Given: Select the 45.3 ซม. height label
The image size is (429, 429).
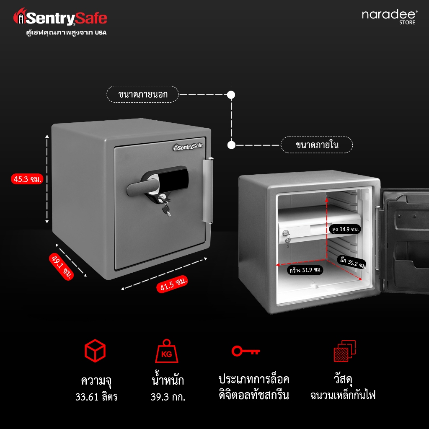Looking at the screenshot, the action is [27, 179].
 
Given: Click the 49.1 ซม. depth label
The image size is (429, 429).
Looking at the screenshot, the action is [62, 266].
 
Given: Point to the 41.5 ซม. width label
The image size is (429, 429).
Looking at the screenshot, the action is [172, 284].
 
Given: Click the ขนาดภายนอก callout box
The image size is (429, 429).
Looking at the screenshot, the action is [142, 94].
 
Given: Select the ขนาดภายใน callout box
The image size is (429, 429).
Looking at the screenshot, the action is [317, 145].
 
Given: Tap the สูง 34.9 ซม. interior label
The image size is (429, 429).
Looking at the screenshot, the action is [345, 229].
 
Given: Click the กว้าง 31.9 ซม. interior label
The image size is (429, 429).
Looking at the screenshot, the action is [305, 270].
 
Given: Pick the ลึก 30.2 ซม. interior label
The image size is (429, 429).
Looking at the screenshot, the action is [352, 263].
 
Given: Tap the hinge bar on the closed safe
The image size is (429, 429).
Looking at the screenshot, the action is [208, 191].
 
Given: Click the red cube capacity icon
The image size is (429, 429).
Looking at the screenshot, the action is [95, 351].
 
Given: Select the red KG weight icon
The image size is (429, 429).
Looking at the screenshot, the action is [167, 351].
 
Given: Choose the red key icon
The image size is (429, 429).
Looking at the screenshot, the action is [246, 351].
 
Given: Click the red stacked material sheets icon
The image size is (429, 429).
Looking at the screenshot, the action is [345, 351].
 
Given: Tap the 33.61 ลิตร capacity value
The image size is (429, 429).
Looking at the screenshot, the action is [96, 397].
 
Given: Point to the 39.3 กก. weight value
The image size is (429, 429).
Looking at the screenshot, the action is [168, 397].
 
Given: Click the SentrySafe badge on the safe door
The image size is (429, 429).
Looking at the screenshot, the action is [188, 147].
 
